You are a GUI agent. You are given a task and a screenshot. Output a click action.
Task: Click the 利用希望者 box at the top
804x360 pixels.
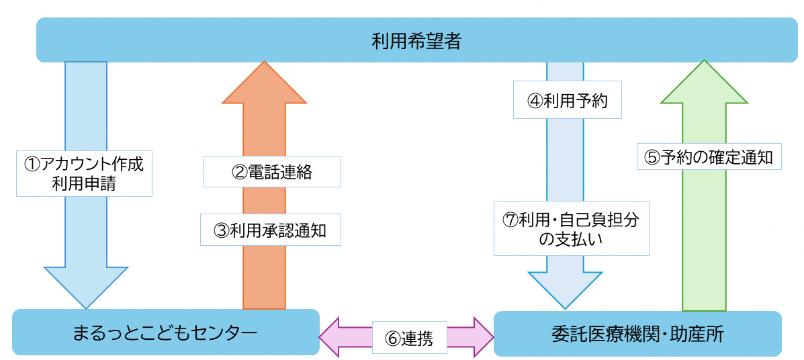point(416,40)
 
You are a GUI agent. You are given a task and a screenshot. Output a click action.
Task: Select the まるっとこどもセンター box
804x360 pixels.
point(165,332)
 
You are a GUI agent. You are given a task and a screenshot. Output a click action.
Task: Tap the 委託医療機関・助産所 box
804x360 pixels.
point(637,334)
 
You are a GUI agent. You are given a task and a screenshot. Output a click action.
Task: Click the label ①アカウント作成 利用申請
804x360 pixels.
point(84,173)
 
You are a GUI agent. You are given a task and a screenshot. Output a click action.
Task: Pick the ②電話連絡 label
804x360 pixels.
point(272,172)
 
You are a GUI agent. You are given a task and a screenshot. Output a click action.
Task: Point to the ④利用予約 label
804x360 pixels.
point(567,101)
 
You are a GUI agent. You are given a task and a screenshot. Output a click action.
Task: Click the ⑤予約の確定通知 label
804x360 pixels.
point(709,158)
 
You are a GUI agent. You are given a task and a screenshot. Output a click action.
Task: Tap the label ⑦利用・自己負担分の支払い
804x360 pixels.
point(571,228)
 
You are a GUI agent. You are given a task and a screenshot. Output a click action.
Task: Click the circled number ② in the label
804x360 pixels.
point(238,173)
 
